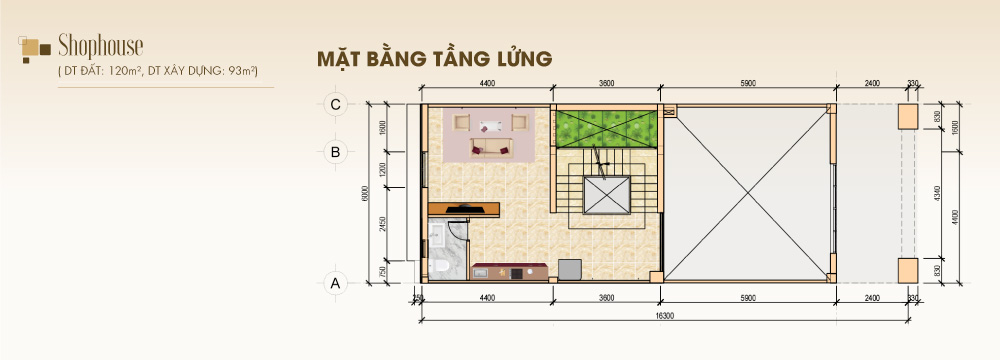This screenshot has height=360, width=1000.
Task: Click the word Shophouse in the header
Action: pyautogui.click(x=101, y=45)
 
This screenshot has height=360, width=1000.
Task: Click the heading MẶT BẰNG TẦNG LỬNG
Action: pyautogui.click(x=434, y=59)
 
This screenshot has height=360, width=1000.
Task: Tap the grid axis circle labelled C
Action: pyautogui.click(x=336, y=103)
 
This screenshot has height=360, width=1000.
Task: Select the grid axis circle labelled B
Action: pyautogui.click(x=336, y=152)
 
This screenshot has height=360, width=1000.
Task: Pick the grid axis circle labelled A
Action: pyautogui.click(x=336, y=283)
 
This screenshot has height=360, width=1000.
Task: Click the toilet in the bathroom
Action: pyautogui.click(x=441, y=265)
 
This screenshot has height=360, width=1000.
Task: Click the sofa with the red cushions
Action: pyautogui.click(x=490, y=150)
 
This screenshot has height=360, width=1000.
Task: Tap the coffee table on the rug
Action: pyautogui.click(x=490, y=126)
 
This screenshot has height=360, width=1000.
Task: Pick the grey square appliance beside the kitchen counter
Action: pyautogui.click(x=569, y=269)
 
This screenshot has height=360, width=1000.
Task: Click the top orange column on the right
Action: pyautogui.click(x=908, y=116)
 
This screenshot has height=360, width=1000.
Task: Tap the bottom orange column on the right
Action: pyautogui.click(x=908, y=269)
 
